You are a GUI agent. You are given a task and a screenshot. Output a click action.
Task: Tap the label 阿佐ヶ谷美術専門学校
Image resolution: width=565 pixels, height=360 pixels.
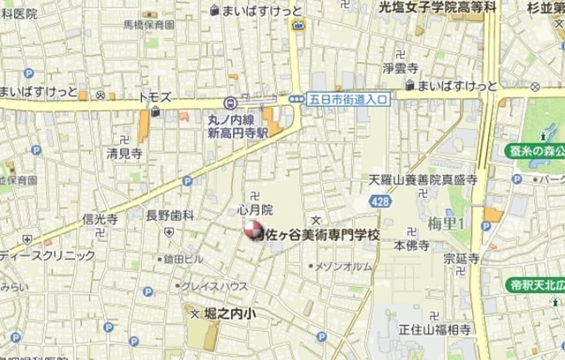point(318,236)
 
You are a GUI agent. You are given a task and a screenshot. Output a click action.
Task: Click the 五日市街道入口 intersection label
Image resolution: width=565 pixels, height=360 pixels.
point(349,100)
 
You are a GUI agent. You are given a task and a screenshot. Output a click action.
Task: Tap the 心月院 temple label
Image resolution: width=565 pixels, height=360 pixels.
point(255,210)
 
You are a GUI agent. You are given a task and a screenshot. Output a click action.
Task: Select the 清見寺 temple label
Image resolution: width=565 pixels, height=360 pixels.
point(124,153)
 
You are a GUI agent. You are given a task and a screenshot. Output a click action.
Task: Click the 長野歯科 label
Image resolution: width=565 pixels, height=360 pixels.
point(169,214)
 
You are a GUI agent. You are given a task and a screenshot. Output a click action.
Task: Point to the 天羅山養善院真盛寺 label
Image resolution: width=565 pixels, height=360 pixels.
point(423,179)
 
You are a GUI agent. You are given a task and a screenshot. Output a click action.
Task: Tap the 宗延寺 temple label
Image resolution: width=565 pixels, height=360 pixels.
point(461,259)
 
